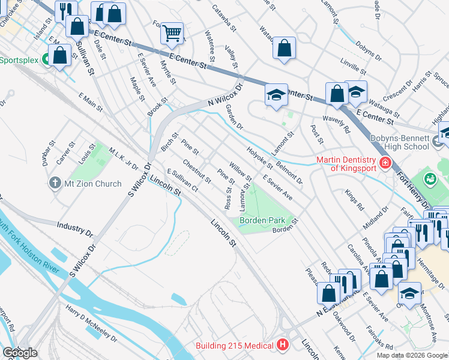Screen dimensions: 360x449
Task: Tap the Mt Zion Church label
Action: (x=93, y=184)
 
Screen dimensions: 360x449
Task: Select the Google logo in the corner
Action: (x=19, y=352)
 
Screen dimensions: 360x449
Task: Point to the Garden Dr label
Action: (x=234, y=116)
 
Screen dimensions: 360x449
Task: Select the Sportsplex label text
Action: (x=19, y=60)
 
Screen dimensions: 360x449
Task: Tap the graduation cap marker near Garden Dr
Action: (x=276, y=95)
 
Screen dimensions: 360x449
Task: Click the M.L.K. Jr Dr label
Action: (x=123, y=158)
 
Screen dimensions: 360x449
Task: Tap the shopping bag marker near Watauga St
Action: (x=337, y=94)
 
